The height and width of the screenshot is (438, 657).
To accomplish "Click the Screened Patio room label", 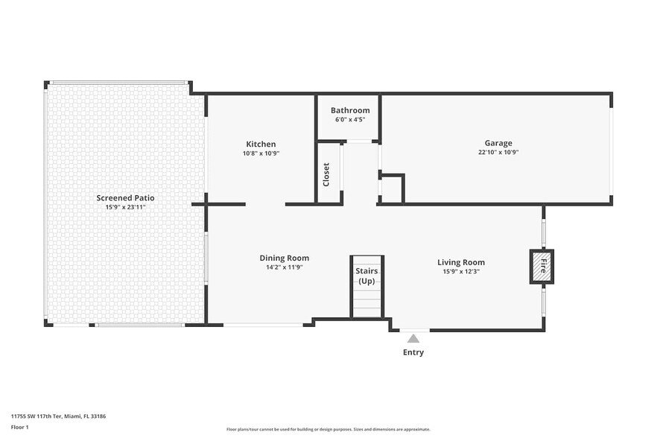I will [x=125, y=198].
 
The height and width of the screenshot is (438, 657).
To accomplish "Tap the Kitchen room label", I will [x=261, y=145].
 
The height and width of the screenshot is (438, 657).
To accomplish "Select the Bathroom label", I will [x=350, y=110].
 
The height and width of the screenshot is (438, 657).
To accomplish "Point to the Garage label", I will [x=498, y=143].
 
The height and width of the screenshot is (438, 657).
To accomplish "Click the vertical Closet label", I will [x=326, y=175].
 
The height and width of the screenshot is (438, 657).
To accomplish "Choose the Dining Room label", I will [x=284, y=258].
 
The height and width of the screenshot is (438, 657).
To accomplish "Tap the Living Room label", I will [x=460, y=262].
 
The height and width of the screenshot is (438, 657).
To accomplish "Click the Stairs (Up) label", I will [x=366, y=276].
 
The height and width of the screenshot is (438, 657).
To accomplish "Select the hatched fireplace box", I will [x=542, y=267].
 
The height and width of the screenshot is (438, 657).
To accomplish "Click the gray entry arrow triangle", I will [x=413, y=339].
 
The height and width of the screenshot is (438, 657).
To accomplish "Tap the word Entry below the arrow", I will [x=413, y=352].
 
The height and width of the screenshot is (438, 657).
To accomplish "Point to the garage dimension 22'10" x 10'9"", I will [x=498, y=152].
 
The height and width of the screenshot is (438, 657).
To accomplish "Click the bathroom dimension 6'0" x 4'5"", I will [x=350, y=119].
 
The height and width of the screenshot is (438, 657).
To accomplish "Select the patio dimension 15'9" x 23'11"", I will [x=125, y=207].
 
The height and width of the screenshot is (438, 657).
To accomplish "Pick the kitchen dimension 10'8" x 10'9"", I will [x=261, y=153].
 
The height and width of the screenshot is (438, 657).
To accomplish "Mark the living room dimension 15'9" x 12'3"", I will [x=460, y=271].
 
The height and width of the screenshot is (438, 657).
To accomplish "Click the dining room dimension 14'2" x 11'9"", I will [x=284, y=267].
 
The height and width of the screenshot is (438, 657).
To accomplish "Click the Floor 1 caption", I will [x=19, y=427].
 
